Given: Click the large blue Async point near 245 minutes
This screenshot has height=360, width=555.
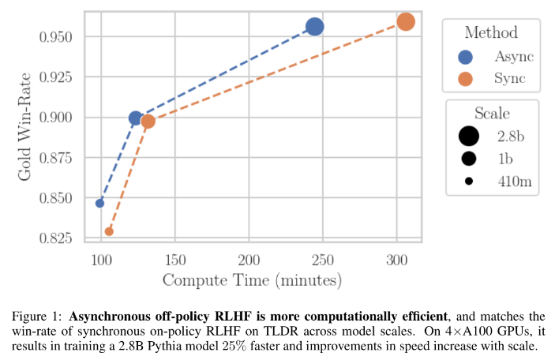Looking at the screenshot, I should (x=314, y=27).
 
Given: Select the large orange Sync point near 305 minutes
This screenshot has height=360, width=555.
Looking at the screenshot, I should (x=405, y=21).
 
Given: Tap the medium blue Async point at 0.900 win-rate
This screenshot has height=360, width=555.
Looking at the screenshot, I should (x=136, y=118).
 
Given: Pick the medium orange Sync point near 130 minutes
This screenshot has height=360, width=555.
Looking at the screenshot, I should (x=148, y=122).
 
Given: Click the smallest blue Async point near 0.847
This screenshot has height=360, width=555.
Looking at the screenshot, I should (x=99, y=203).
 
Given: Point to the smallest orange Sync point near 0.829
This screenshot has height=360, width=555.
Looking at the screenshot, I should (x=109, y=231).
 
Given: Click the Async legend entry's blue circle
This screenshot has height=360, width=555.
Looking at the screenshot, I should (x=466, y=57).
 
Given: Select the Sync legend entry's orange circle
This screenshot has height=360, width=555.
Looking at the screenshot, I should (x=466, y=79).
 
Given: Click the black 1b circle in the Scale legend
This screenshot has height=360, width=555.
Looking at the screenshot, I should (x=469, y=159).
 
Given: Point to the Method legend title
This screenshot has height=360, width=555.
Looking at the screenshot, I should (x=491, y=32).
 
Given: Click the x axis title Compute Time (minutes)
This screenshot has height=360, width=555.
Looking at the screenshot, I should (x=252, y=280).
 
